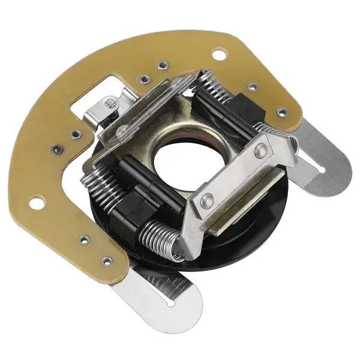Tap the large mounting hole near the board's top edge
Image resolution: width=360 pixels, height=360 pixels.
click(x=219, y=55)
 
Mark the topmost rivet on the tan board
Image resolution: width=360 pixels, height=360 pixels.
click(x=161, y=63)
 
